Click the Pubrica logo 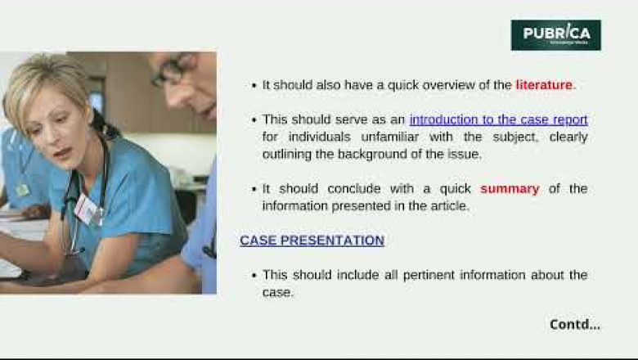[555, 34]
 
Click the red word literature [544, 84]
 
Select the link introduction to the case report [498, 119]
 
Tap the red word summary [509, 188]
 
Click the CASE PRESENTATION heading [312, 241]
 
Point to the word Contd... [574, 324]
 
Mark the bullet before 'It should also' [254, 85]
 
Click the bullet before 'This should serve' [254, 120]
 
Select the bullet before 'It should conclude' [254, 189]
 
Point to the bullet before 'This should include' [254, 276]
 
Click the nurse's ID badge [87, 209]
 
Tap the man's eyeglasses [173, 73]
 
